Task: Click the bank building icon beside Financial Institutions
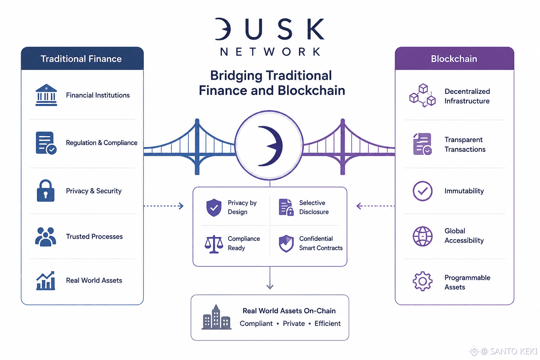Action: pos(46,95)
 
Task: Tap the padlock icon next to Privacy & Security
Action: pos(46,191)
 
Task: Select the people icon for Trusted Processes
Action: pos(46,237)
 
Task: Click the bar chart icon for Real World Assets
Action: pos(46,281)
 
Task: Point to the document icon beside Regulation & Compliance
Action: pos(46,143)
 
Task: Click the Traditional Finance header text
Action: pos(81,59)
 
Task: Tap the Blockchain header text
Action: pos(454,59)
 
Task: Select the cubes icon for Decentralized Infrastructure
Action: pos(422,96)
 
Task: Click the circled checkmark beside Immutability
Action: pos(422,191)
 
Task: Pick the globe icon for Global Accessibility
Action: pos(422,236)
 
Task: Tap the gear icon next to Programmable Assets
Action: pos(422,281)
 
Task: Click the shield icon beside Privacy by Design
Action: pos(214,207)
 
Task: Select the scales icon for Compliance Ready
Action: pos(214,244)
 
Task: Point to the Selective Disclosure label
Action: pos(314,207)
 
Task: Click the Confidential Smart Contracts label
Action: pos(321,243)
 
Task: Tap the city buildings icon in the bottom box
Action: pos(217,317)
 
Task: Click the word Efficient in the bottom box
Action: pos(327,323)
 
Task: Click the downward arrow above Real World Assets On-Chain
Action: pos(270,278)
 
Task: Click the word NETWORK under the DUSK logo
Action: pos(270,52)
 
